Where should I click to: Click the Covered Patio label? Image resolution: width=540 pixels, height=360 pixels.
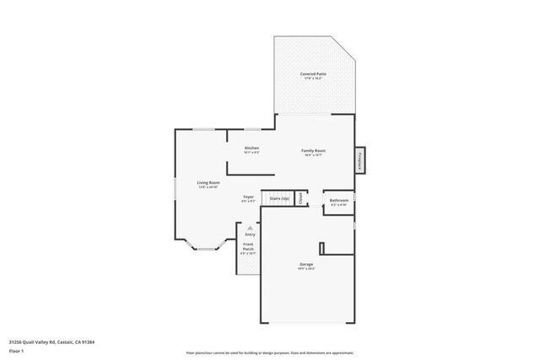click(313, 74)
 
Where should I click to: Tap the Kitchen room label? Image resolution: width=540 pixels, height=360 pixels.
click(251, 148)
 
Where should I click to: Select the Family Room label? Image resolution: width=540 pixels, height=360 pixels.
click(314, 150)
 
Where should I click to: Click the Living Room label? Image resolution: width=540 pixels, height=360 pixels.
click(208, 182)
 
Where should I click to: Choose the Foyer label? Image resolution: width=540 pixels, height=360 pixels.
click(249, 197)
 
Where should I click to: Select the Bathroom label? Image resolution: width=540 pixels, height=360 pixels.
click(339, 200)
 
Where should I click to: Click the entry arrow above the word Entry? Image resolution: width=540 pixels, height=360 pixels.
click(250, 227)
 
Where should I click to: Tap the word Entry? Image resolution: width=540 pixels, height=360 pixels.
click(250, 234)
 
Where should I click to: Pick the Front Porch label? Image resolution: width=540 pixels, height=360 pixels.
click(249, 248)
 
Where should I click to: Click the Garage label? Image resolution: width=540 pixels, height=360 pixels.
click(305, 265)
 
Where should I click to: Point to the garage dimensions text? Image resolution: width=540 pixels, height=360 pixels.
click(305, 270)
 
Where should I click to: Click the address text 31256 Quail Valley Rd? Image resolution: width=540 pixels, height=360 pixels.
click(51, 341)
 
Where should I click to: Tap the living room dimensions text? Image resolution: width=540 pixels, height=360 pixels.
click(208, 187)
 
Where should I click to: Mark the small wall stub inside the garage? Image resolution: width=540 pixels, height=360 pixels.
click(321, 248)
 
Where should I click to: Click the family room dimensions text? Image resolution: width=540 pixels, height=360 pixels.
click(314, 155)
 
